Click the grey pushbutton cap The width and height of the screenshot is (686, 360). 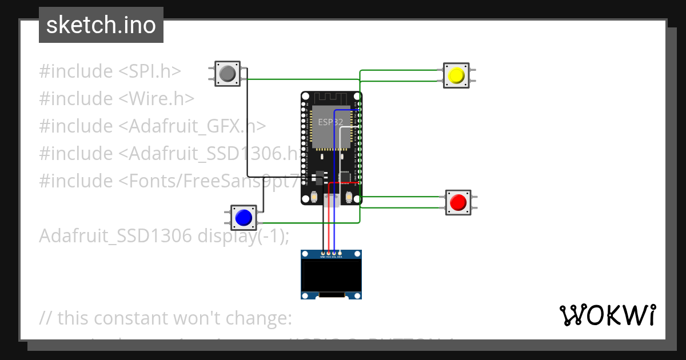pos(228,74)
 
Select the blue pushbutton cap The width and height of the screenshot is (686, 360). pos(244,218)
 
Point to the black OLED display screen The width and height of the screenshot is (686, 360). pos(332,275)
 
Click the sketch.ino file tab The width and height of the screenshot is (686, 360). pos(101,25)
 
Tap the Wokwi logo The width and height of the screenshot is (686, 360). pos(607,315)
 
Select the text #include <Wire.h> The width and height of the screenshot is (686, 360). pos(117,99)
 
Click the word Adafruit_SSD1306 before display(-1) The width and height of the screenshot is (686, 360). pos(115,235)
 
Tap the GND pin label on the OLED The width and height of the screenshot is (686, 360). pos(322,257)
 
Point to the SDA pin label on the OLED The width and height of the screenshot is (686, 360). pos(340,257)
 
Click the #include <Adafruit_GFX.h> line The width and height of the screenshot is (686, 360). pos(152,126)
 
